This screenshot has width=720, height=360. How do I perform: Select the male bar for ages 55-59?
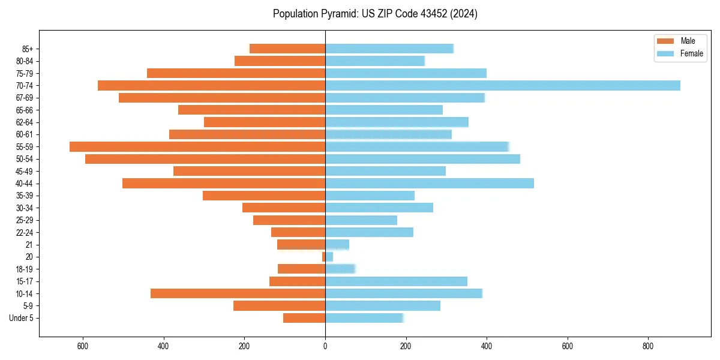click(197, 146)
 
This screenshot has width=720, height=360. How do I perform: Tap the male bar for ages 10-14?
click(238, 293)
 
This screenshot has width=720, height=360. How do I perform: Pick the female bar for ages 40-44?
click(430, 183)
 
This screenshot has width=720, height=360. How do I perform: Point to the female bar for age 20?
click(329, 257)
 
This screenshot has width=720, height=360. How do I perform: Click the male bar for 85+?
click(287, 49)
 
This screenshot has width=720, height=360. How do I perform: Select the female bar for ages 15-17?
click(396, 281)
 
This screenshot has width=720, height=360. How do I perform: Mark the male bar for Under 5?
click(304, 318)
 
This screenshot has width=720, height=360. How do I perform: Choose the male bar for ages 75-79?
click(236, 73)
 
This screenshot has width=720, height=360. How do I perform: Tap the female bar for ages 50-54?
click(422, 159)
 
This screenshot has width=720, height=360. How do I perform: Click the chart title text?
click(375, 14)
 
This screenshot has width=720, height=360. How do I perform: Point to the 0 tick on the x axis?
click(325, 346)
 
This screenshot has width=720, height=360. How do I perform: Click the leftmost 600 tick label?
click(83, 346)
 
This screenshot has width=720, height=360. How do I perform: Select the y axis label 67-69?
click(25, 98)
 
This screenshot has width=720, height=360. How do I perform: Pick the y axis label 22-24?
click(25, 232)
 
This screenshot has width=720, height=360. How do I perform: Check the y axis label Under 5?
click(22, 318)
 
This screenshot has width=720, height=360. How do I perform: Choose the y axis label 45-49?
click(25, 171)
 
